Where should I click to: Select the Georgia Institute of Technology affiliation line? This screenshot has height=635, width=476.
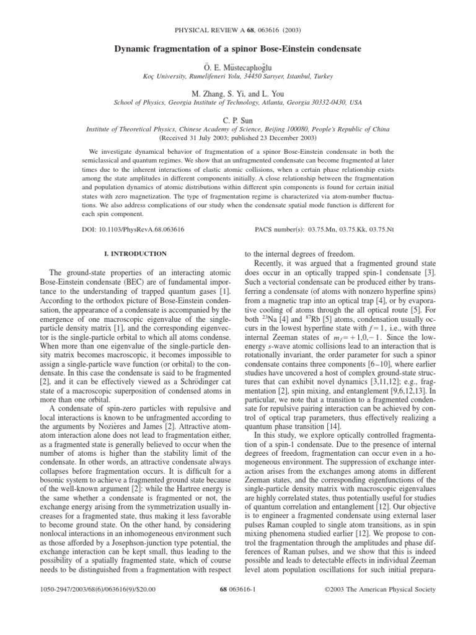(x=237, y=102)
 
